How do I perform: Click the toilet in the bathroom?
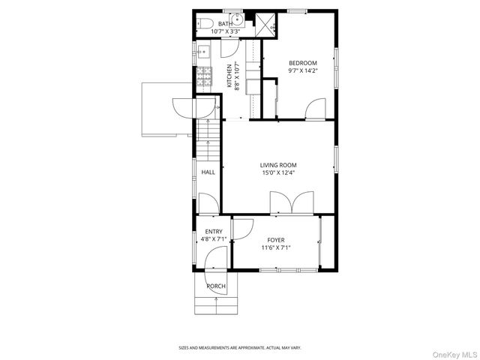pos(205,24)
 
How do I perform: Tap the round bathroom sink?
pos(235,21)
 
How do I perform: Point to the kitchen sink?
pos(203,52)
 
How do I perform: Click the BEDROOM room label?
pos(302,63)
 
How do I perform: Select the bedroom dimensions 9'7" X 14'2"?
pos(302,71)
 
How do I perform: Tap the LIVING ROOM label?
pos(278,165)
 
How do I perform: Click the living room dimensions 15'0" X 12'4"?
pos(278,173)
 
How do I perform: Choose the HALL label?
pos(208,172)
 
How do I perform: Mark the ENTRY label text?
pos(213,232)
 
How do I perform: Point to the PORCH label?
pos(216,286)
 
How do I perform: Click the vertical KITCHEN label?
pos(229,75)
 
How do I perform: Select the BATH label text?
pos(225,24)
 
